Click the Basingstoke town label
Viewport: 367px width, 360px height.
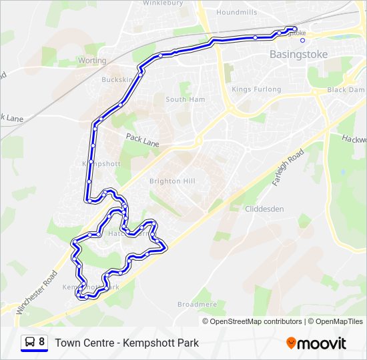coord(298,55)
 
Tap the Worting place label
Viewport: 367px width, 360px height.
coord(92,60)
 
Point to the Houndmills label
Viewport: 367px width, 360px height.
coord(237,13)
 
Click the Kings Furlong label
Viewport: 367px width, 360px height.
coord(253,89)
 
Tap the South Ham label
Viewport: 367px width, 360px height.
coord(186,99)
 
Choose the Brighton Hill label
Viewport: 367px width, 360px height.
coord(172,181)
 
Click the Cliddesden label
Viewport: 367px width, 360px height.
coord(264,209)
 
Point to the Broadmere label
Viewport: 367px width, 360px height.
coord(197,304)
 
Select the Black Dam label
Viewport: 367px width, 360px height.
coord(346,89)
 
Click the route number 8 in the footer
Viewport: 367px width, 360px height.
coord(42,342)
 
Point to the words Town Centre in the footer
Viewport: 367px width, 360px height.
coord(83,343)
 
